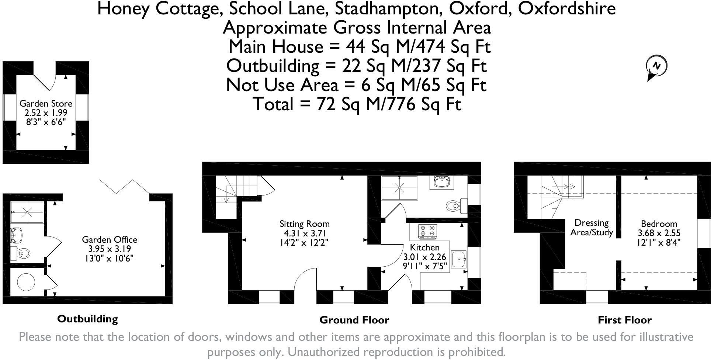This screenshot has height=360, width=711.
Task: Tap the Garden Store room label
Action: click(46, 104)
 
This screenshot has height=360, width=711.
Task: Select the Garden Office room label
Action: click(110, 239)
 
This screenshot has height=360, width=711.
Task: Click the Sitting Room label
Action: click(304, 224)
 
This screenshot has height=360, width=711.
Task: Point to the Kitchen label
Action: click(425, 247)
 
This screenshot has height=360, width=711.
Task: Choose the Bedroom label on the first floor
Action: click(659, 224)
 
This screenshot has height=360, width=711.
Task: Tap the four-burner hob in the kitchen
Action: click(427, 231)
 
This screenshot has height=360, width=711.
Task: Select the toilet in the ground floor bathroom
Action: click(454, 205)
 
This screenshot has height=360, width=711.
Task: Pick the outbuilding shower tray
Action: click(27, 212)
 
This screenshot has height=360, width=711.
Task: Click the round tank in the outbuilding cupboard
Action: click(26, 282)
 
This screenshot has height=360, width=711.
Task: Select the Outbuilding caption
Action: click(87, 319)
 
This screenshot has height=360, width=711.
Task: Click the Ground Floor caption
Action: click(354, 320)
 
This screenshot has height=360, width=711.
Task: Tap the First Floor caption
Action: click(624, 320)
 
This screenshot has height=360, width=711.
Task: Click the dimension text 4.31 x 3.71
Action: click(304, 233)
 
